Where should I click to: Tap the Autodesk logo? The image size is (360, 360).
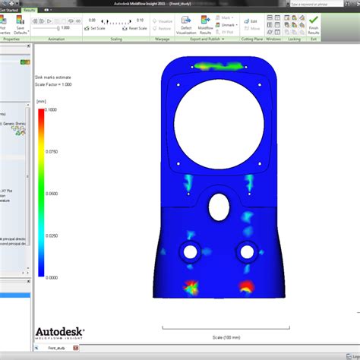click(x=60, y=332)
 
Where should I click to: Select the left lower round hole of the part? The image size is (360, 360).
click(x=188, y=251)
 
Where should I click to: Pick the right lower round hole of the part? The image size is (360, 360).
click(x=245, y=251)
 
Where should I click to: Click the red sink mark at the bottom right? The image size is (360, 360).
click(x=246, y=286)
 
